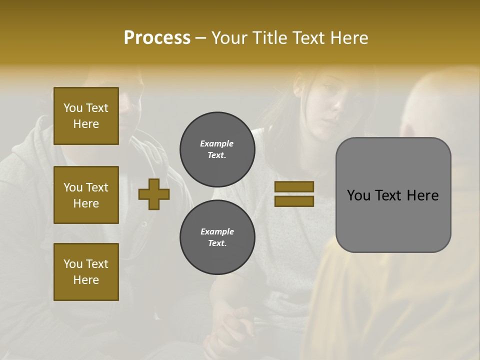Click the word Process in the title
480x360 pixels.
[157, 37]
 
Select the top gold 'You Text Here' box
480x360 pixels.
[86, 116]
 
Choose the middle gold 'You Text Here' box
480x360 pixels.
[86, 195]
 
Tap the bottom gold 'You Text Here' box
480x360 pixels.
[86, 272]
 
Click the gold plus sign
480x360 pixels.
[154, 194]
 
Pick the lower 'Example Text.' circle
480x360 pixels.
[217, 237]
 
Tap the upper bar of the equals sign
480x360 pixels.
[294, 187]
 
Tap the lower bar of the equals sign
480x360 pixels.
[294, 201]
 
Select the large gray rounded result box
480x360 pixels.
[393, 195]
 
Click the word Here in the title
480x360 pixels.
[348, 37]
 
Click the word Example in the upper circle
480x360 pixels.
[217, 143]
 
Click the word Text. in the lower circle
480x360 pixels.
[217, 243]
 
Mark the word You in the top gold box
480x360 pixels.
[72, 108]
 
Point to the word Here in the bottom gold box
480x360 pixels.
[86, 280]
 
